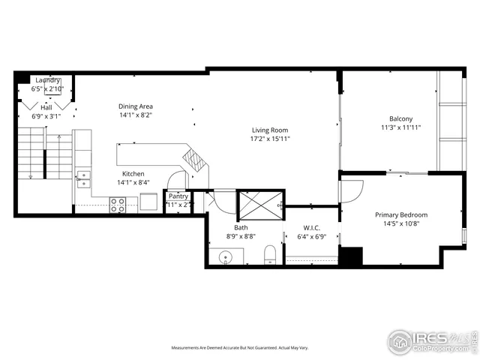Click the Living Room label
(x=270, y=129)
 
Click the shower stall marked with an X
(x=259, y=205)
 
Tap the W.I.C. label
(x=312, y=228)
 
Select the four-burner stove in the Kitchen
(x=118, y=204)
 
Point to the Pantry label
(x=178, y=196)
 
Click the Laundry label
(x=46, y=80)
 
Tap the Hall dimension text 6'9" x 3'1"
(x=46, y=116)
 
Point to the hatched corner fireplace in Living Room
(x=195, y=160)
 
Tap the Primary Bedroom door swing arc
(x=345, y=191)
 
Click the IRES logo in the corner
(x=433, y=340)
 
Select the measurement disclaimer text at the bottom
(x=240, y=348)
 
